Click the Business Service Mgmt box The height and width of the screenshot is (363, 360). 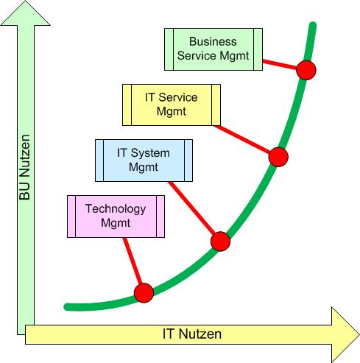point(213,49)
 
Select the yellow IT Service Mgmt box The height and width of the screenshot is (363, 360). point(172,105)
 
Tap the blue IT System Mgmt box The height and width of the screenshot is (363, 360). point(144,161)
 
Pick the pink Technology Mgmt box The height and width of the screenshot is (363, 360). point(116,216)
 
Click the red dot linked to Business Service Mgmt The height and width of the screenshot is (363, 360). point(306,70)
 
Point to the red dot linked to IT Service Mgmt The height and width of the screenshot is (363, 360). point(278,157)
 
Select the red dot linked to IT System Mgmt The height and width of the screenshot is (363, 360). point(220,242)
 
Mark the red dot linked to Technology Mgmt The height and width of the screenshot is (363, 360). point(144,293)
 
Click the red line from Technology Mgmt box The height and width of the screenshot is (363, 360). point(133,261)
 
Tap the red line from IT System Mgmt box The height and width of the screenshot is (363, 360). point(191,208)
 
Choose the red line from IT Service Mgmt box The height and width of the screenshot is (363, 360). point(241,139)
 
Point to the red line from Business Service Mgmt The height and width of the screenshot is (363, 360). point(280,64)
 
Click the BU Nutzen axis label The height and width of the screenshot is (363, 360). point(25,167)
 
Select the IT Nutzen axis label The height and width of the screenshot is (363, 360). point(192,334)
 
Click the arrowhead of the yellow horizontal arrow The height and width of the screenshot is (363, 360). point(345,334)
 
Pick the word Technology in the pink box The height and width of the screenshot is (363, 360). point(116,209)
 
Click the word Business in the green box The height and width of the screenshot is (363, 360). point(213,41)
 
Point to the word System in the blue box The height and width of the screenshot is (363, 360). point(150,153)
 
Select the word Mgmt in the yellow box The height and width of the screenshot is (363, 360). point(172,112)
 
